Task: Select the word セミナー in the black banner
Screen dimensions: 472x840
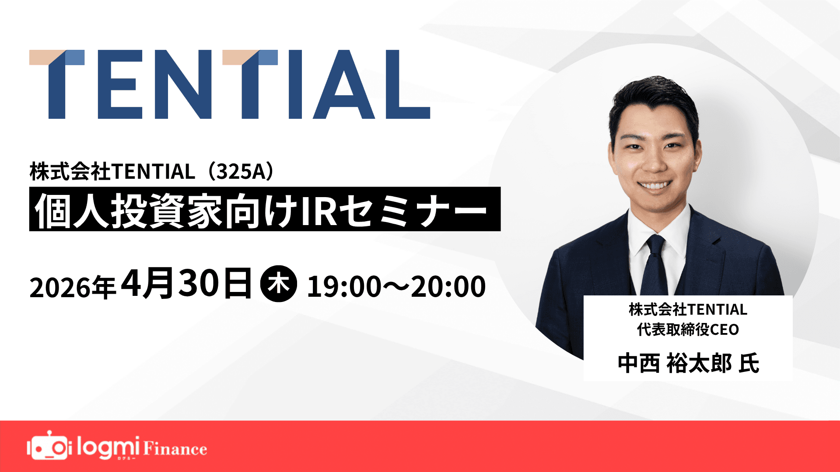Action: point(413,210)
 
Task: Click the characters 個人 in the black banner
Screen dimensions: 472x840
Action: point(72,210)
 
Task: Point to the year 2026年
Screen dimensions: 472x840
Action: point(72,288)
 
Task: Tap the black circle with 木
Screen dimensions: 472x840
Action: point(279,284)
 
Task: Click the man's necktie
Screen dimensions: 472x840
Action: point(654,267)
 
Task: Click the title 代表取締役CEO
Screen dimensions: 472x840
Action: point(688,330)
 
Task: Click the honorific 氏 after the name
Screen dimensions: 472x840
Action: point(749,364)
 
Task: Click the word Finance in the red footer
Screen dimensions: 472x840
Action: point(175,449)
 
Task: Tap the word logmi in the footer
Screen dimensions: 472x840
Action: point(108,447)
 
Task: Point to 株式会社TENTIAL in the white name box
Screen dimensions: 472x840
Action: point(688,309)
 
